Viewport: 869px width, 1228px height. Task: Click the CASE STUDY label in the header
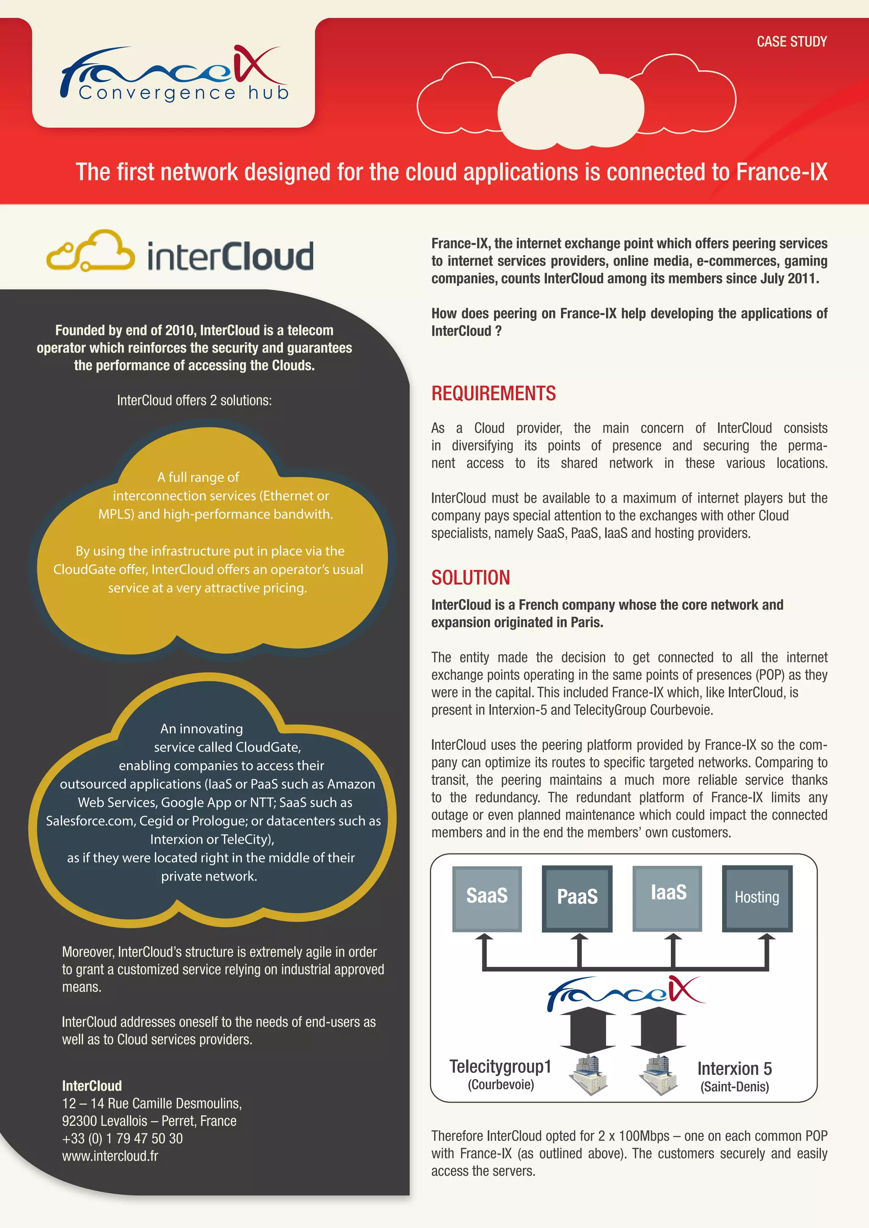click(x=791, y=42)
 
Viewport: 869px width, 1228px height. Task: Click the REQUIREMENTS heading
click(x=493, y=394)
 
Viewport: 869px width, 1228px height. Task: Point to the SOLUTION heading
click(x=470, y=578)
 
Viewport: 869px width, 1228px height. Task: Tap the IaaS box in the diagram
click(x=668, y=898)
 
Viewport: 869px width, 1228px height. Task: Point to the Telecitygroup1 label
click(x=500, y=1066)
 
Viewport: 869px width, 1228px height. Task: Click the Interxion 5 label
click(x=734, y=1069)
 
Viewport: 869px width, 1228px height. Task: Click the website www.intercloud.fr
click(x=110, y=1156)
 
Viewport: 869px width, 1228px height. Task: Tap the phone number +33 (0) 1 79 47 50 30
click(x=123, y=1138)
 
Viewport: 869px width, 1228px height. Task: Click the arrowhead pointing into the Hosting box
click(x=766, y=938)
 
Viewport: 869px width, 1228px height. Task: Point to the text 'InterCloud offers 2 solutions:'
click(x=194, y=401)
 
